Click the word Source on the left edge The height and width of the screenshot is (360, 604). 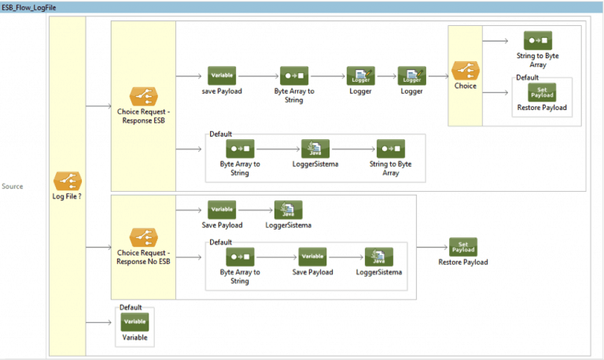coord(13,186)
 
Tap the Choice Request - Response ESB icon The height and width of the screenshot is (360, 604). coord(143,97)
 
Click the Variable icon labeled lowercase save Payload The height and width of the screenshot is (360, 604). coord(222,75)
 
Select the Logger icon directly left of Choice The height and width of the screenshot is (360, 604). coord(411,75)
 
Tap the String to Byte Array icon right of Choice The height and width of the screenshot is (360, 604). coord(538,41)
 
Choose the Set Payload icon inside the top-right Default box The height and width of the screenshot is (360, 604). coord(542,92)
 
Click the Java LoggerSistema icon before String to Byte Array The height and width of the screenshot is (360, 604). coord(315,149)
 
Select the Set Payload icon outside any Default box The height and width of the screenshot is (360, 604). coord(463,247)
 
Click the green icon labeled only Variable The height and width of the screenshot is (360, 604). coord(134,321)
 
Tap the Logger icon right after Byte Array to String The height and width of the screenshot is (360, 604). coord(360,75)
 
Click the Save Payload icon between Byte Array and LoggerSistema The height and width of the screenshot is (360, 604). coord(312,256)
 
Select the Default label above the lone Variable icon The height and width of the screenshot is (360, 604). coord(131,307)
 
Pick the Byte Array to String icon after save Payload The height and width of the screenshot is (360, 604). coord(294,75)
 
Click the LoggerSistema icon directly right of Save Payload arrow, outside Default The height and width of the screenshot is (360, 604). coord(288,210)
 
